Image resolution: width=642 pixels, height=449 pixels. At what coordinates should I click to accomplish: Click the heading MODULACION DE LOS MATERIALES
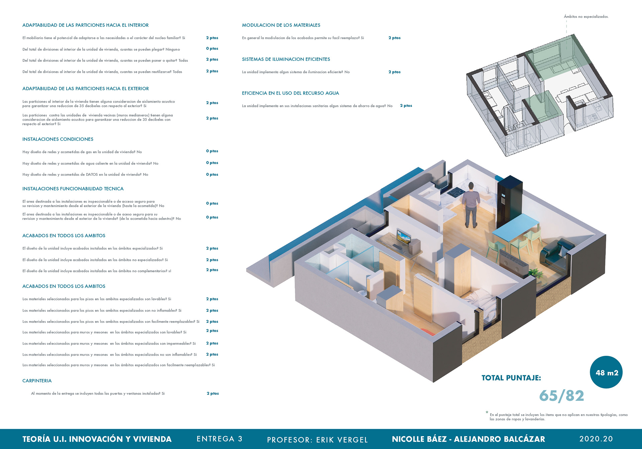point(281,25)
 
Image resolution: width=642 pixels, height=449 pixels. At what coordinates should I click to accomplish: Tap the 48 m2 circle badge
point(606,372)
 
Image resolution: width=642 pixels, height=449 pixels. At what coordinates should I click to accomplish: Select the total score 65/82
point(561,396)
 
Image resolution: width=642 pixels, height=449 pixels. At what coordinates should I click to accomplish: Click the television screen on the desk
point(403,237)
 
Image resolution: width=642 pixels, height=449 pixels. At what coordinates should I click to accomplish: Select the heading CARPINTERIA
point(37,381)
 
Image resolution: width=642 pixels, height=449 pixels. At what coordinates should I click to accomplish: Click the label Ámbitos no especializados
point(586,16)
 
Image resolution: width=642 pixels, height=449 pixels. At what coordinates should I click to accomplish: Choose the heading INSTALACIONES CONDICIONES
point(58,139)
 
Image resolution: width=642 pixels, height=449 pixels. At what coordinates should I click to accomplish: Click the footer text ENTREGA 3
point(219,439)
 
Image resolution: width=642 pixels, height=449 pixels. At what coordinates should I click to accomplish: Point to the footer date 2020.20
point(596,439)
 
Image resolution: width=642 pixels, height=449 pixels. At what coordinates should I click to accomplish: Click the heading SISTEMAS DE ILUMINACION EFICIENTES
point(286,59)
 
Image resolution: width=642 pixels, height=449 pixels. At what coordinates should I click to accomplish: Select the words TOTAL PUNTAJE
point(511,378)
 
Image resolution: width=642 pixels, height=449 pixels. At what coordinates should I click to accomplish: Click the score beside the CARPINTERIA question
point(213,394)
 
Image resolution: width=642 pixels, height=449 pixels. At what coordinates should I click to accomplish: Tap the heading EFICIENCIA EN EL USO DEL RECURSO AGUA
point(290,93)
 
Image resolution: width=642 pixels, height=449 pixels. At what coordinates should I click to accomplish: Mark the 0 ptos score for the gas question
point(212,151)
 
